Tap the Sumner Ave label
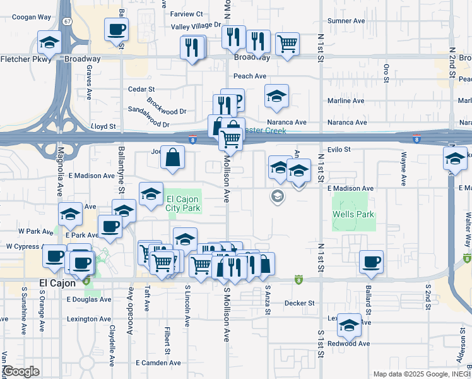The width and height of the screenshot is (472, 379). [x=346, y=21]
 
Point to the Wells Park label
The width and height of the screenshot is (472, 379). [x=353, y=214]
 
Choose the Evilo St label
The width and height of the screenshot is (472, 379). [x=338, y=149]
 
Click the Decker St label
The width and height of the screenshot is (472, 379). [x=299, y=303]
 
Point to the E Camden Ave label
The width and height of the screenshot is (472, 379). [x=158, y=363]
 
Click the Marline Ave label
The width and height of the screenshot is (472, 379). [x=345, y=100]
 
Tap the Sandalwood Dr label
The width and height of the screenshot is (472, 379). [x=149, y=125]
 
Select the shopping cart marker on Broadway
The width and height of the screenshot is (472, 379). [x=287, y=43]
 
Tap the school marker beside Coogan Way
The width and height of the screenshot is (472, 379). [x=49, y=42]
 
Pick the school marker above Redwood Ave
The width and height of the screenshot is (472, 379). [x=348, y=325]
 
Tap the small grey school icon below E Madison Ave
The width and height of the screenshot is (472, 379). [x=276, y=197]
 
